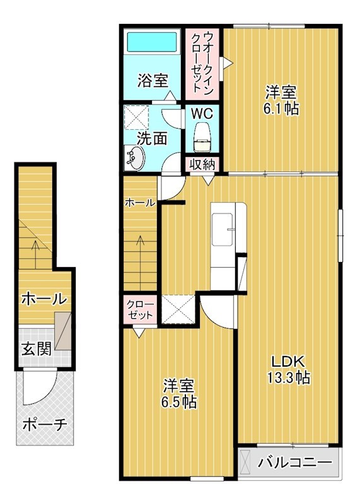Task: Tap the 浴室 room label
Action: [153, 81]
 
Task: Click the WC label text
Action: [201, 115]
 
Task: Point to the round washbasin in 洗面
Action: [135, 157]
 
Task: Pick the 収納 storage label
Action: [202, 164]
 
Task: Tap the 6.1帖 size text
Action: [281, 108]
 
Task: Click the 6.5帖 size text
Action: [179, 401]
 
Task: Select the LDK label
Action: [288, 362]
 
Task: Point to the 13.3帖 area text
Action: [289, 379]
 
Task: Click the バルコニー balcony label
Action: [294, 462]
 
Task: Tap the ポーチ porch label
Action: [44, 424]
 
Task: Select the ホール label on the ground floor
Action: [44, 299]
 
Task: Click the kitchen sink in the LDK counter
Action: [223, 231]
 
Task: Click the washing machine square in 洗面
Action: [137, 117]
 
